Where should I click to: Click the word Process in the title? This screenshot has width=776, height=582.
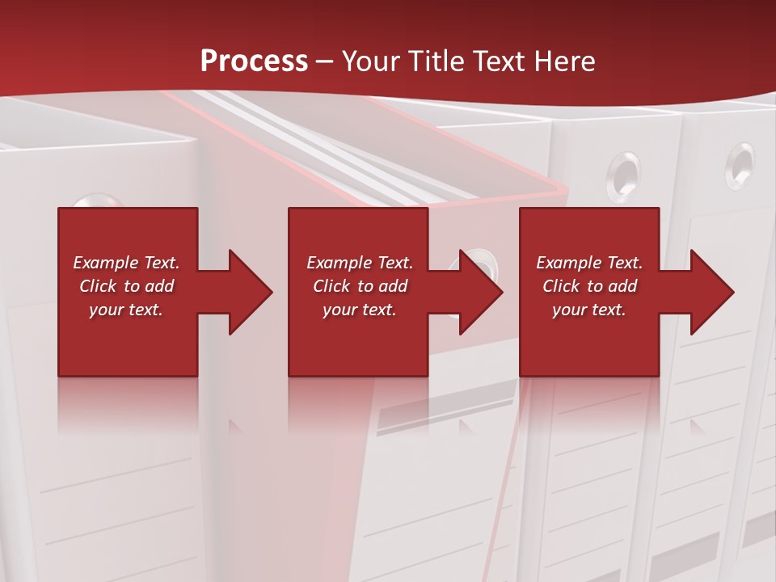point(254,61)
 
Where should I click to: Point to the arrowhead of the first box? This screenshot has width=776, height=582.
point(250,292)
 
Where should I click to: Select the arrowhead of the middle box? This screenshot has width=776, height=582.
point(480,292)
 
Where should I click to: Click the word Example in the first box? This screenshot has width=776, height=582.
point(105,263)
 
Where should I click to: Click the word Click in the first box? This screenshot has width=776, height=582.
point(98,286)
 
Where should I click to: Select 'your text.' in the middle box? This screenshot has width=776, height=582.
point(359,310)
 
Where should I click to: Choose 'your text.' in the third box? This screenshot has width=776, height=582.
point(588,310)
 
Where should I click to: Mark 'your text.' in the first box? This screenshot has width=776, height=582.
point(125,310)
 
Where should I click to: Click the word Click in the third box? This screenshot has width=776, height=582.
point(562,286)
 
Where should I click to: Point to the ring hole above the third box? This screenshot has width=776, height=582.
point(624,170)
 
